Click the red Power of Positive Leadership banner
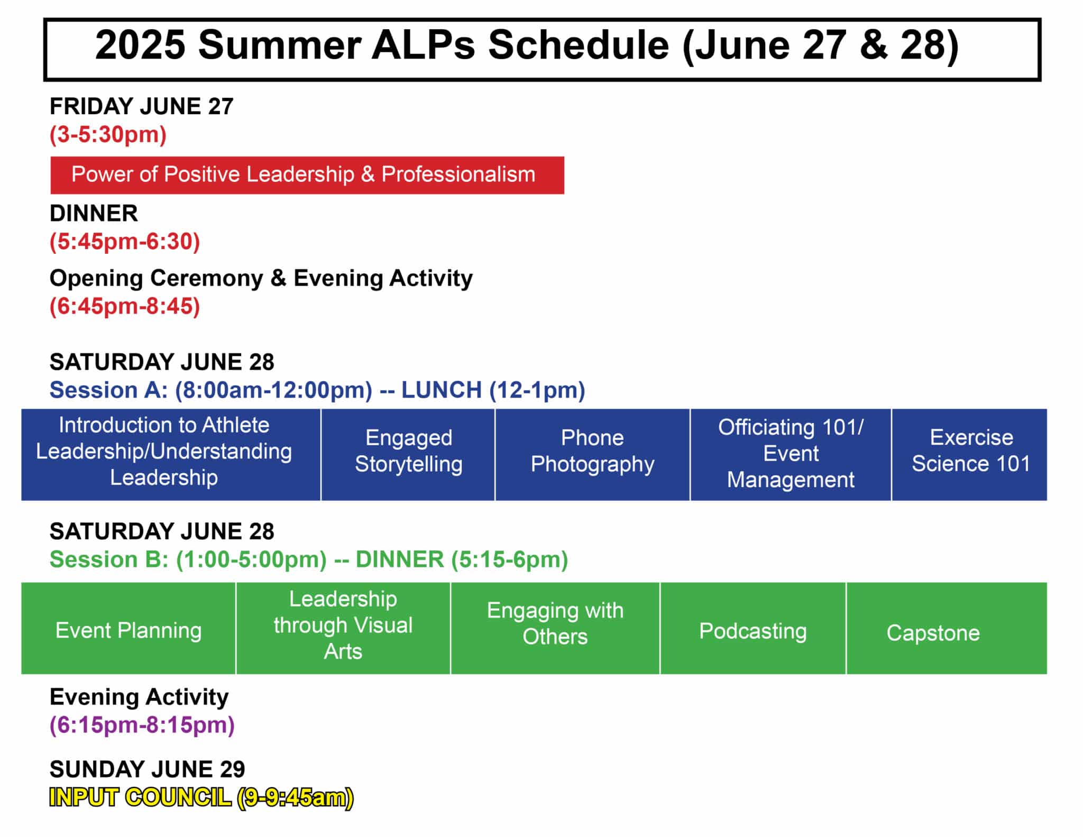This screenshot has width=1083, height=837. click(x=307, y=175)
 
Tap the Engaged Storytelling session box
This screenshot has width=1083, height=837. click(x=408, y=454)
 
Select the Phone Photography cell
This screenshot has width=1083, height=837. click(x=592, y=454)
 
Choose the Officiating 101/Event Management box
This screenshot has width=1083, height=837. click(x=791, y=454)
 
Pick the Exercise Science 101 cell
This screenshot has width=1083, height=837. click(x=969, y=454)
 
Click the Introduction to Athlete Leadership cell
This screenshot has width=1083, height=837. click(x=171, y=454)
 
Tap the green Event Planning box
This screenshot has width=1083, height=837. click(x=129, y=628)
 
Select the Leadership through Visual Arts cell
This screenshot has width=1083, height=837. click(x=343, y=628)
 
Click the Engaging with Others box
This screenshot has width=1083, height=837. click(x=555, y=628)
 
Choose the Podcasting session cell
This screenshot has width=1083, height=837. click(x=753, y=628)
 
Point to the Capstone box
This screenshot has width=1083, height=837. click(x=947, y=628)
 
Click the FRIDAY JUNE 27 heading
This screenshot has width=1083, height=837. click(x=141, y=107)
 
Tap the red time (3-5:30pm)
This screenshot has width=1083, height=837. click(x=108, y=135)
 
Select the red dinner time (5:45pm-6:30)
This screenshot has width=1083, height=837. click(x=125, y=242)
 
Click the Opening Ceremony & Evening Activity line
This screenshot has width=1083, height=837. click(x=261, y=278)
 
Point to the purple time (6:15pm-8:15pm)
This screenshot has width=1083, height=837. click(x=142, y=725)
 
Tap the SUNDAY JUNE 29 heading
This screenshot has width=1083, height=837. click(x=147, y=769)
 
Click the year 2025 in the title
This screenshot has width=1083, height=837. click(x=140, y=45)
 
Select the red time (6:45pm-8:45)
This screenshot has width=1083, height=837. click(x=125, y=307)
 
